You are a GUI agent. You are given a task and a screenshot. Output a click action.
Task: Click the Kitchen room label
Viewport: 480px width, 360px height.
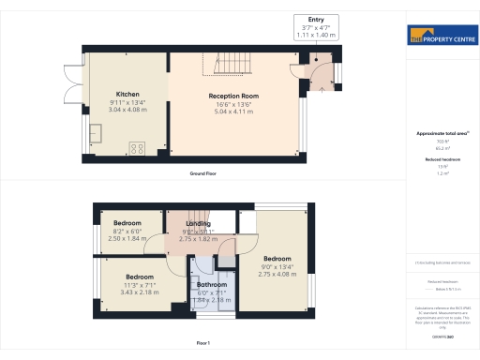tap(127, 95)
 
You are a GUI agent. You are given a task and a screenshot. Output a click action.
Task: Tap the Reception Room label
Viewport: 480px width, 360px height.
tap(233, 96)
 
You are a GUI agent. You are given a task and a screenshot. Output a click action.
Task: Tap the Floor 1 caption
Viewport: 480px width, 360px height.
tap(202, 344)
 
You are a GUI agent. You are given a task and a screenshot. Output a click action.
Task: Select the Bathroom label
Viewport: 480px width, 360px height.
tap(212, 284)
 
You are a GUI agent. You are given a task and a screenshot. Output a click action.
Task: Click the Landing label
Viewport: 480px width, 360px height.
tap(198, 224)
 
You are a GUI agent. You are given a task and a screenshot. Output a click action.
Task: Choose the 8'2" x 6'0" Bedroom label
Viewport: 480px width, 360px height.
tap(113, 223)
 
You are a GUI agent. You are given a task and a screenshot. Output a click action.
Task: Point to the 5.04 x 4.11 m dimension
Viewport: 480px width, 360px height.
tap(233, 111)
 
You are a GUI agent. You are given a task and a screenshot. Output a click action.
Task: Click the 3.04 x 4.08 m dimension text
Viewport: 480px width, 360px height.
tap(127, 110)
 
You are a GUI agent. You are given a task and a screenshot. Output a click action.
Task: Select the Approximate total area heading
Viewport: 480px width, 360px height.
tap(442, 134)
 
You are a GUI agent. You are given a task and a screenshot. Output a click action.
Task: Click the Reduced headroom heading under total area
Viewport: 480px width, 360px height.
tap(442, 160)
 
